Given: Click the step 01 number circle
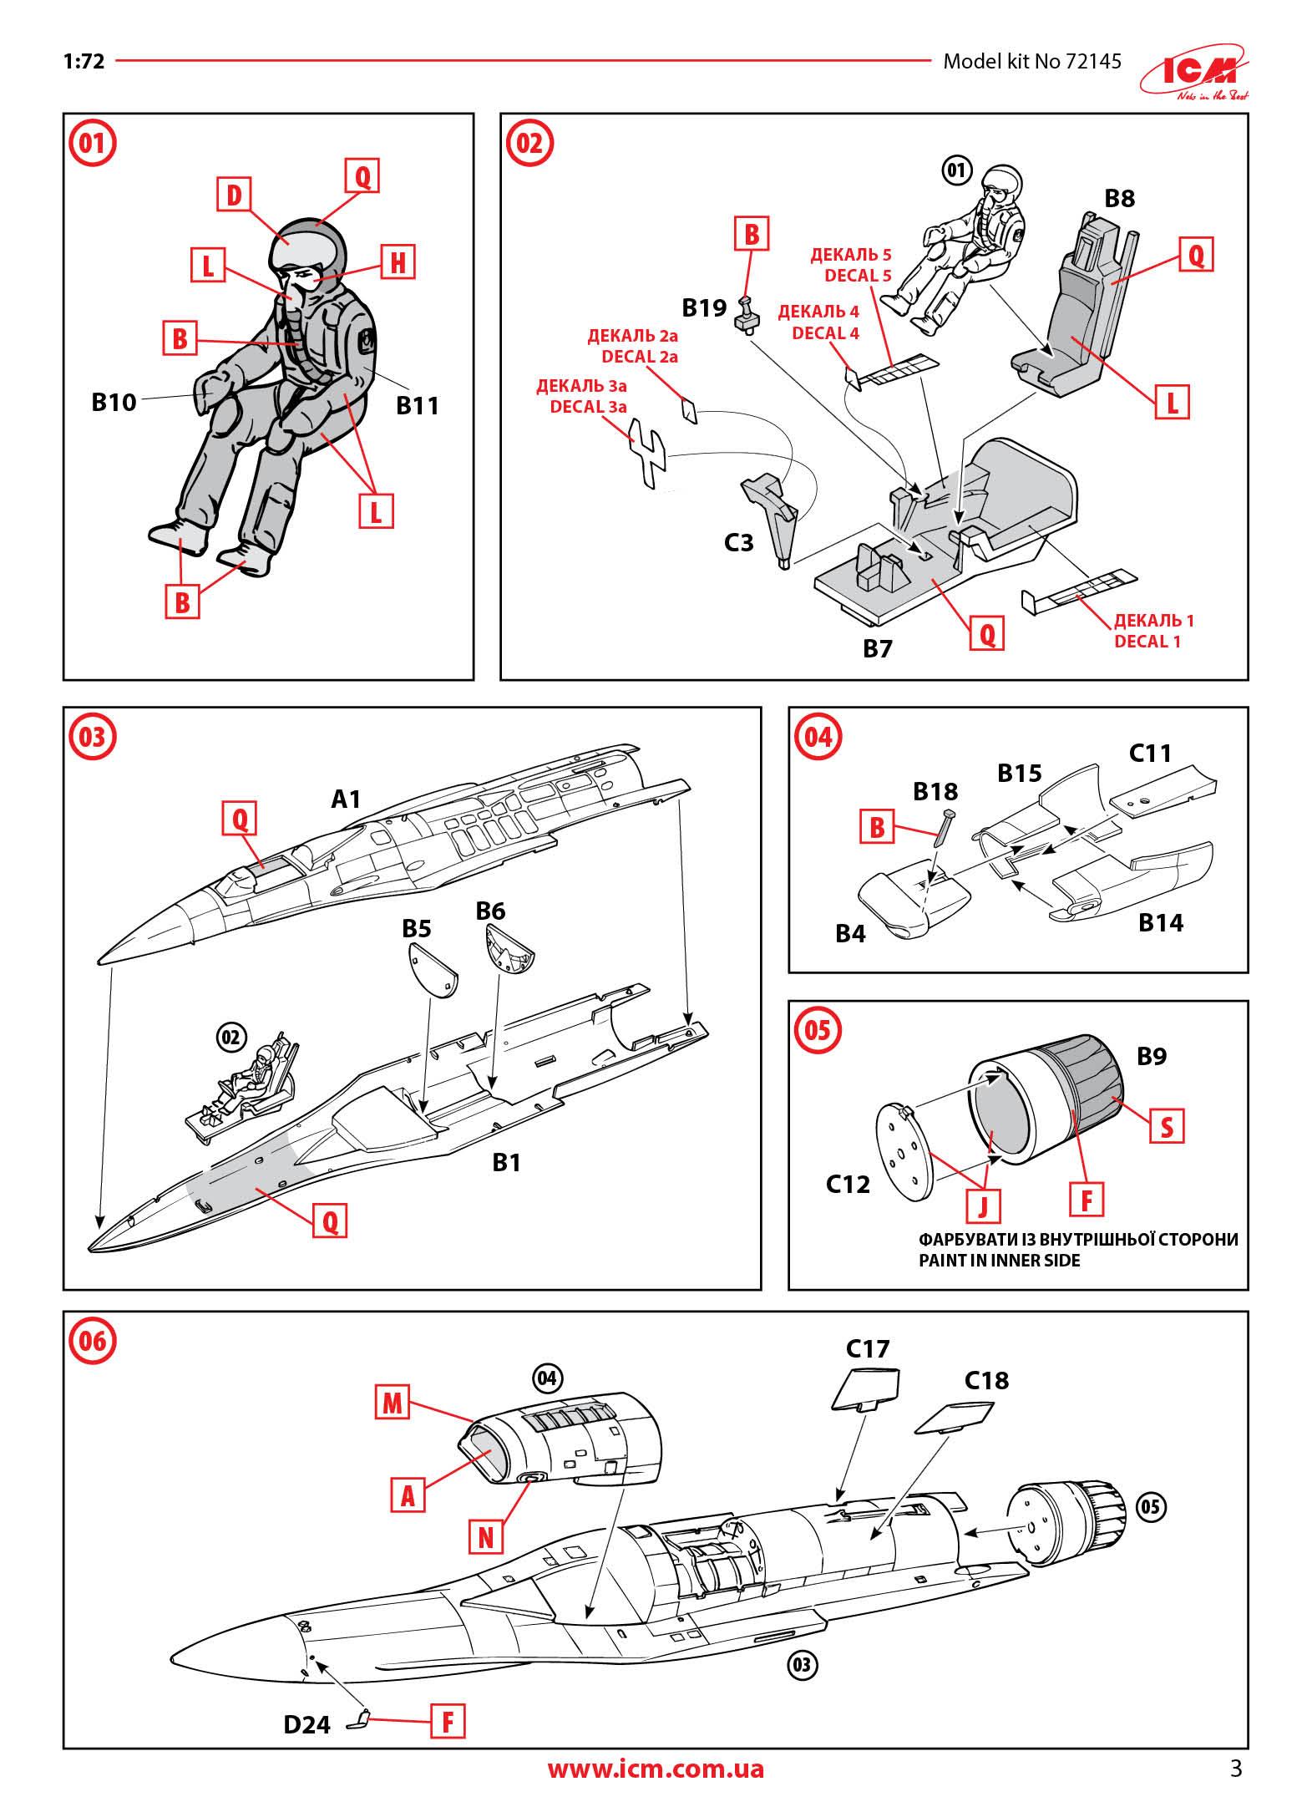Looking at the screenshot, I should [x=91, y=143].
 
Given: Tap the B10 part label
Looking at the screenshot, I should [x=114, y=402].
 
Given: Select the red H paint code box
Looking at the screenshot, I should [x=398, y=262].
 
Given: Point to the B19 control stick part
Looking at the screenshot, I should [x=745, y=315].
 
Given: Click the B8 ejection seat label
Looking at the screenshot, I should [x=1119, y=198].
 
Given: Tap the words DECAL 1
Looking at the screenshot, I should [x=1147, y=642].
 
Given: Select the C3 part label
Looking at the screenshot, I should [x=738, y=543].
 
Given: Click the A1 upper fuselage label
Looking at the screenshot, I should [x=346, y=799].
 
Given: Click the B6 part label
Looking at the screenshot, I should [x=490, y=911].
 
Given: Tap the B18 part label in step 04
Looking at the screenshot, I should [x=935, y=791].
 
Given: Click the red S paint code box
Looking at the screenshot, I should [x=1166, y=1127].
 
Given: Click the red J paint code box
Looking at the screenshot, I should [x=982, y=1204].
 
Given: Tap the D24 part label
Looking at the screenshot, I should [x=306, y=1723].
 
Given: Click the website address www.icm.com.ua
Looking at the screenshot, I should [x=656, y=1769].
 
